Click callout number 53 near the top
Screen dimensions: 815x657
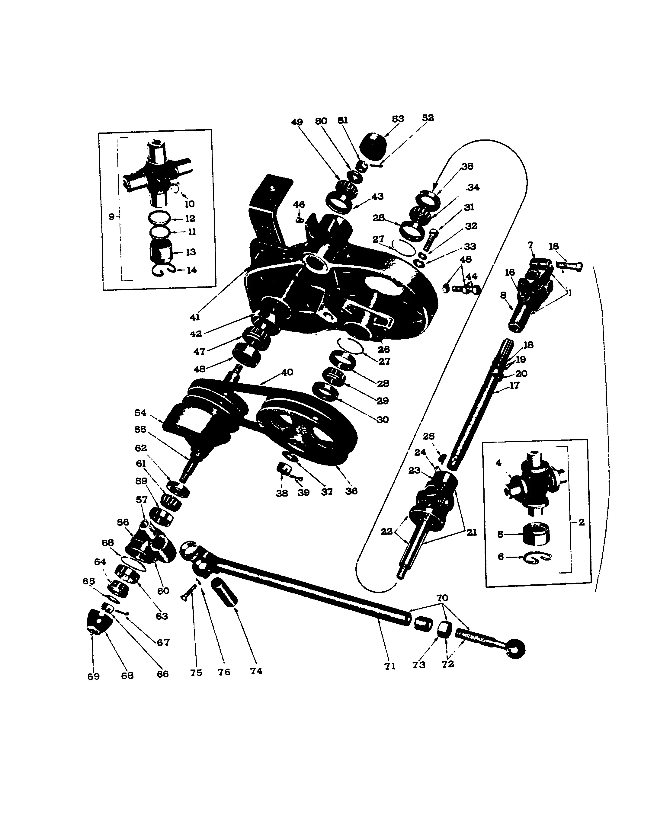click(398, 119)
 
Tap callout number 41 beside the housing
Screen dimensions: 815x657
click(194, 317)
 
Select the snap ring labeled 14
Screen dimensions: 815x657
click(163, 270)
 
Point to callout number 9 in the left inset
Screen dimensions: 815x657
click(111, 217)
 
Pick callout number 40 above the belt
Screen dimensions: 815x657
click(287, 372)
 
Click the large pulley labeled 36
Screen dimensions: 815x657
click(306, 431)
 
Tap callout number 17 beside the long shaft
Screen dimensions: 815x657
click(514, 385)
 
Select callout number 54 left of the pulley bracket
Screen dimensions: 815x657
click(140, 413)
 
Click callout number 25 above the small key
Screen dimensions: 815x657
click(428, 436)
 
